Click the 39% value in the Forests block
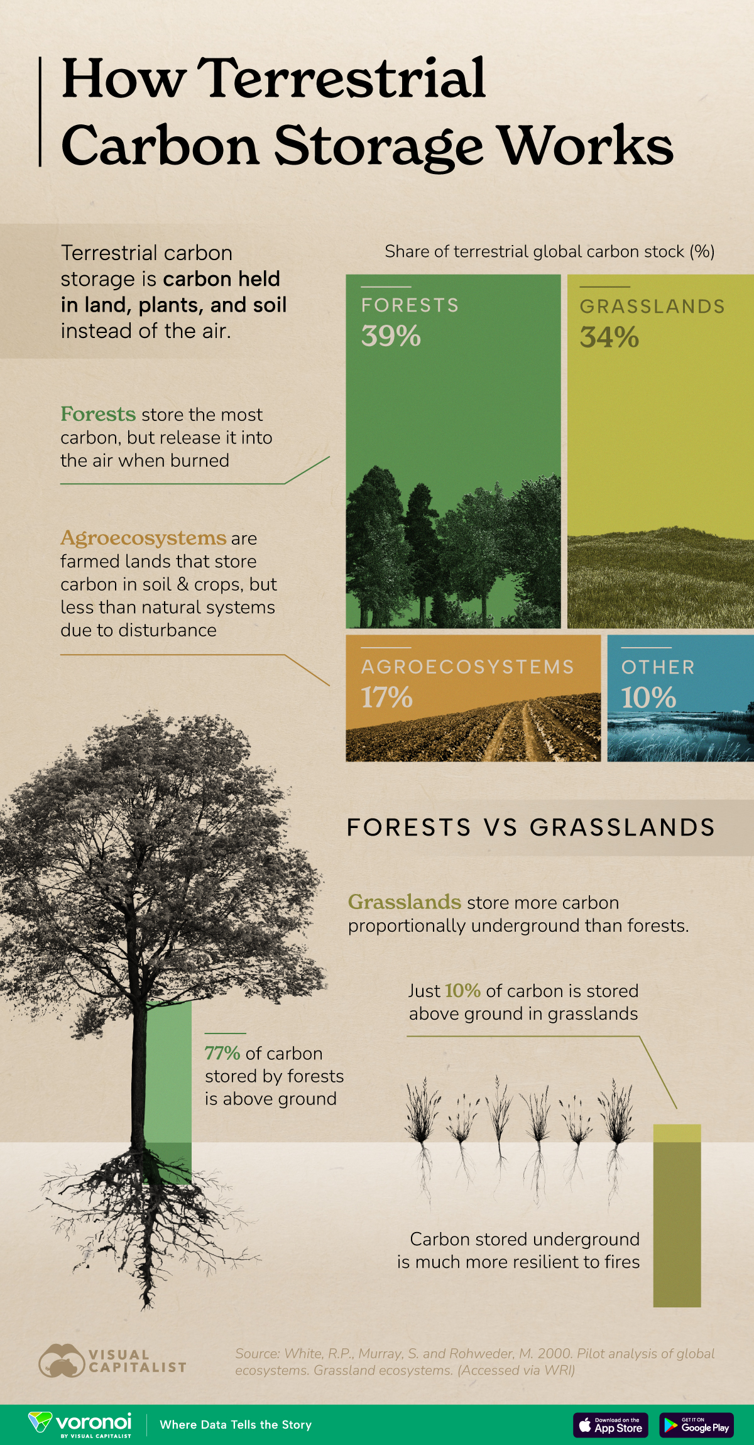[391, 335]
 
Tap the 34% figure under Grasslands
[609, 337]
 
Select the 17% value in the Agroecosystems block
[386, 697]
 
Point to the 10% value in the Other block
[648, 697]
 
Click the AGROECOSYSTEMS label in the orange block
[467, 667]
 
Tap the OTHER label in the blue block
[658, 667]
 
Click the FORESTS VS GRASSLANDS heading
[531, 827]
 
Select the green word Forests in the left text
[98, 414]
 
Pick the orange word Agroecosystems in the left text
[143, 538]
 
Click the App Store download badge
[610, 1425]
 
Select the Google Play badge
[696, 1425]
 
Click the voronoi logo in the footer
[80, 1424]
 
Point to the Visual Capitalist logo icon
[61, 1361]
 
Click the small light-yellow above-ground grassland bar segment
[677, 1133]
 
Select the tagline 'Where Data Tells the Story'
[236, 1424]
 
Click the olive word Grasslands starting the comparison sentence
[405, 902]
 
